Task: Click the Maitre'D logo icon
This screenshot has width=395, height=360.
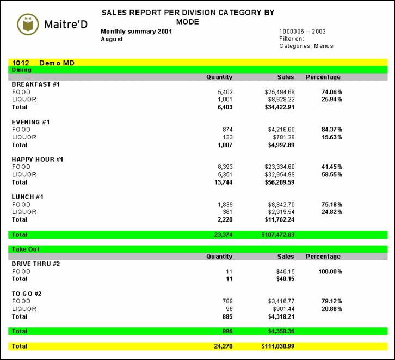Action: point(28,23)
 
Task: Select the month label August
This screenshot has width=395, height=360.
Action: point(112,39)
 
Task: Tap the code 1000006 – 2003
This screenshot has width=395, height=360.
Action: point(302,32)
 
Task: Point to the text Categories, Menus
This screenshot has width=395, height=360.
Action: point(306,46)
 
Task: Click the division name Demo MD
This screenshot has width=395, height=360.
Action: point(57,63)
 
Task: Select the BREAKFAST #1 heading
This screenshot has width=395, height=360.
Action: point(35,84)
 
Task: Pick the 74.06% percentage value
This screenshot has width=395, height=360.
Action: point(331,92)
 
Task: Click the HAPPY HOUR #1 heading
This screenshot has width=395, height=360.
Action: point(38,160)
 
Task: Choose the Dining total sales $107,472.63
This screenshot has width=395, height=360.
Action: point(276,235)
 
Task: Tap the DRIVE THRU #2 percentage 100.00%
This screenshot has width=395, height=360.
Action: point(330,271)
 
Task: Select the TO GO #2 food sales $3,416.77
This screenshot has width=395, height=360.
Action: point(280,301)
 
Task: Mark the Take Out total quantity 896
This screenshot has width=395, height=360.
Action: point(224,331)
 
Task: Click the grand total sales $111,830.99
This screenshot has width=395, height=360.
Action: point(277,346)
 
